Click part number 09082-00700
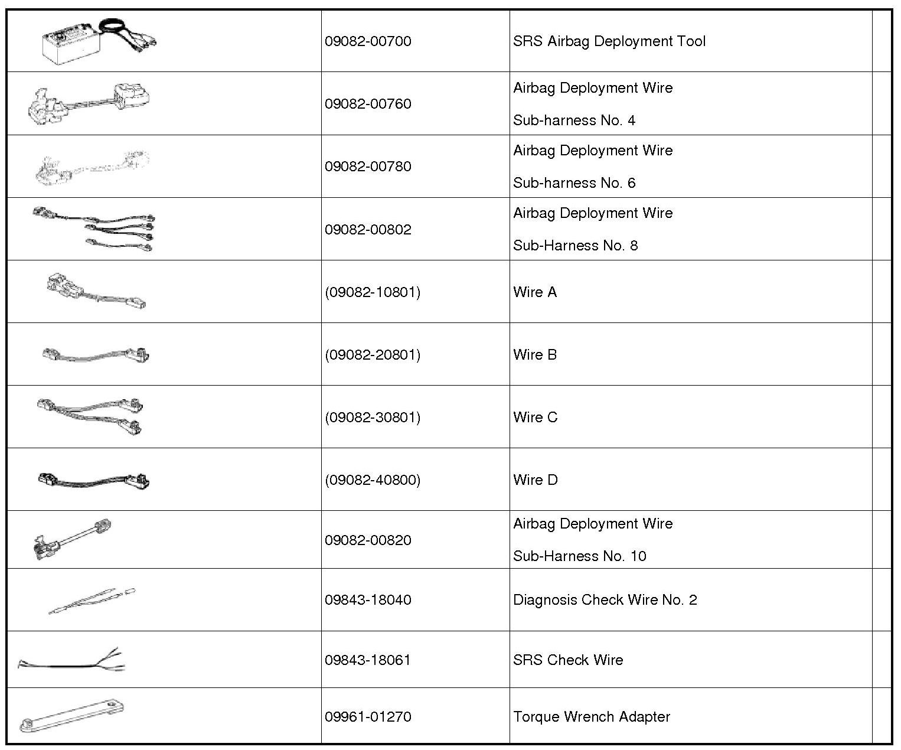point(368,41)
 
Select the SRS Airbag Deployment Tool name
point(609,41)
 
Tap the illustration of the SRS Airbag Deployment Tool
point(97,40)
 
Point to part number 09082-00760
point(368,104)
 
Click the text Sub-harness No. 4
point(574,120)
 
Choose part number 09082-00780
point(368,167)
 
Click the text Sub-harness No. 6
point(574,183)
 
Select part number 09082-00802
point(368,230)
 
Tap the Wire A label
point(535,292)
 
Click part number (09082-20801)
point(373,355)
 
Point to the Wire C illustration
point(90,415)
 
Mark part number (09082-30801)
point(373,418)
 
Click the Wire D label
point(536,480)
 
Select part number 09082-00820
point(368,540)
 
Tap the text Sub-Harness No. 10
point(579,556)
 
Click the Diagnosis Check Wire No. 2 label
point(605,600)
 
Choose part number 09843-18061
point(368,660)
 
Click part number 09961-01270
point(368,717)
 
